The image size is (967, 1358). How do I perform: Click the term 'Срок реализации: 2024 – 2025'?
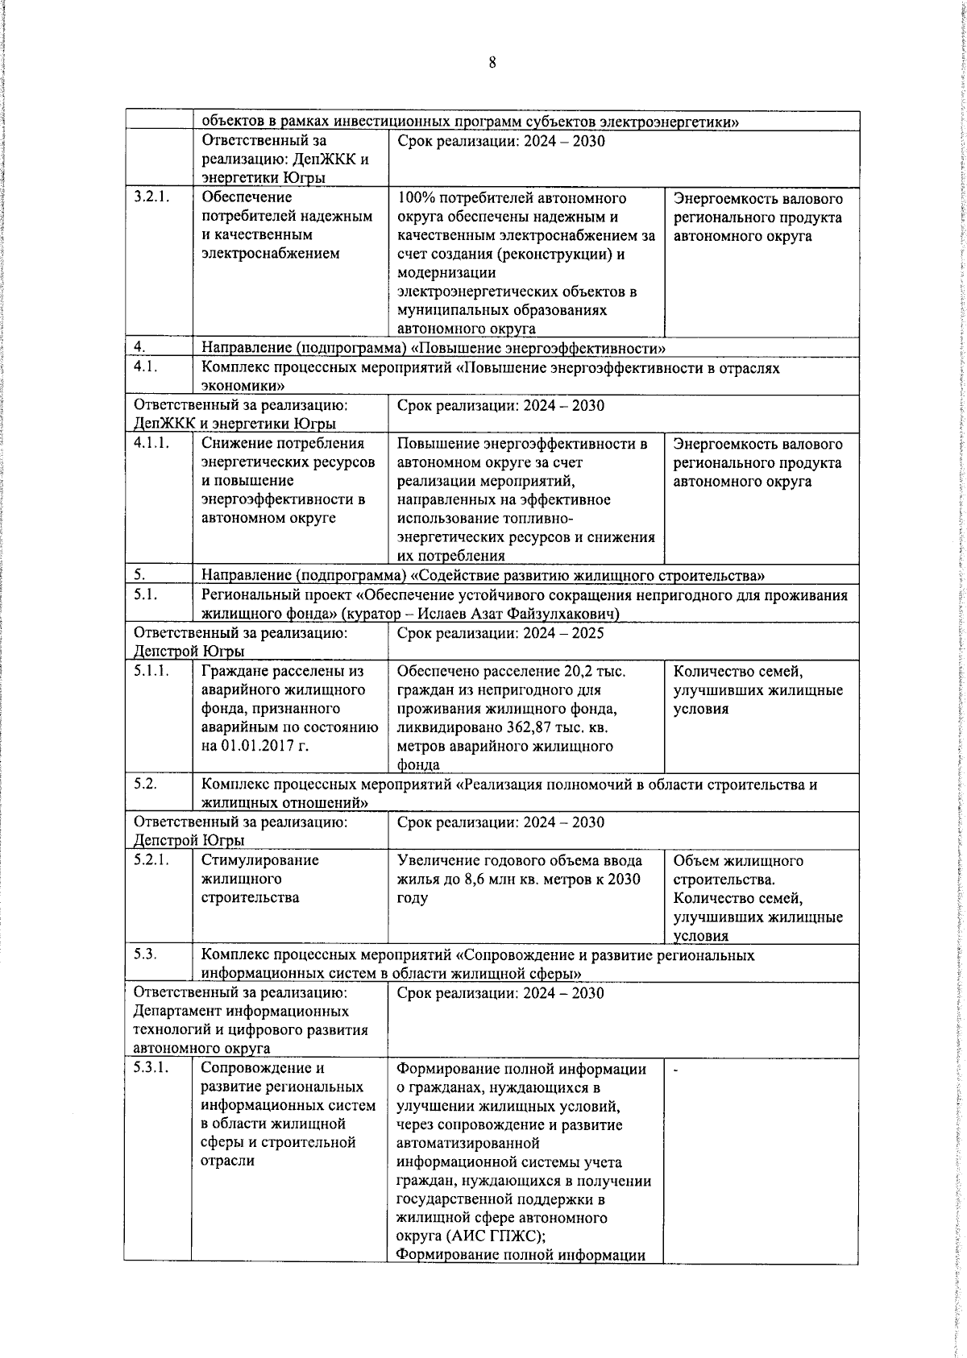point(500,633)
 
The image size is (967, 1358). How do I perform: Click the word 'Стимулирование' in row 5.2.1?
point(259,860)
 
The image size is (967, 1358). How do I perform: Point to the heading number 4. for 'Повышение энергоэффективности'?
point(139,348)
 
